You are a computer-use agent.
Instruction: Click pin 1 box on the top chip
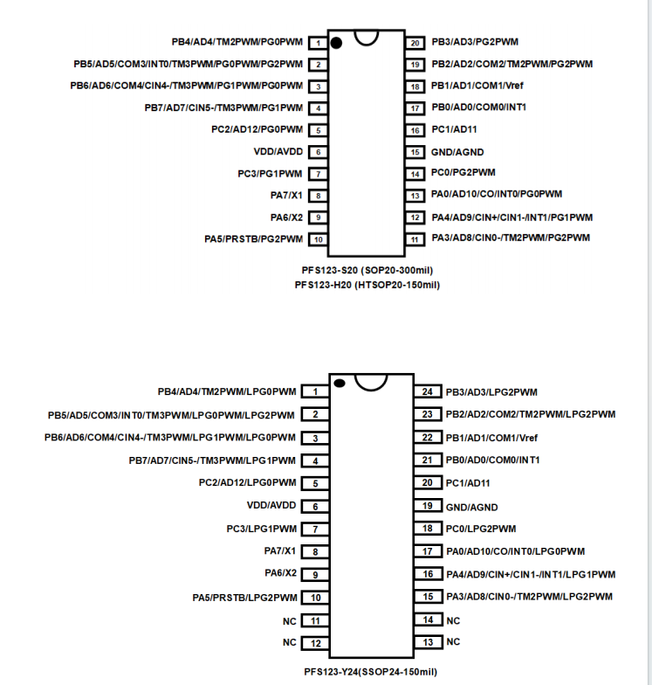coord(319,42)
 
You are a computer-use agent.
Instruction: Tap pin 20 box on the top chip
coord(415,42)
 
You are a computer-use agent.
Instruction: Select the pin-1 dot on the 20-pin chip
coord(336,42)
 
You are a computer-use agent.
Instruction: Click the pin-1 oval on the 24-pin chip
coord(340,383)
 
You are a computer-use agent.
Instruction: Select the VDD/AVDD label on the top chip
coord(278,151)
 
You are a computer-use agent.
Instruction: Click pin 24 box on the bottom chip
coord(428,392)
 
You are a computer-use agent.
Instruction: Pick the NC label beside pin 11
coord(289,620)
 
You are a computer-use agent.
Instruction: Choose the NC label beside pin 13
coord(453,642)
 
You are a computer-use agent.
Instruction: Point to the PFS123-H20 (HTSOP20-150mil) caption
coord(367,285)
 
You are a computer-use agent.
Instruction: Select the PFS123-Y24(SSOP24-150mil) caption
coord(370,672)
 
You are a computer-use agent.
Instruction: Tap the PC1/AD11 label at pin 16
coord(454,129)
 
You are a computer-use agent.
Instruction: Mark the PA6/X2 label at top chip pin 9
coord(286,217)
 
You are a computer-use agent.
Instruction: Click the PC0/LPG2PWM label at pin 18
coord(481,529)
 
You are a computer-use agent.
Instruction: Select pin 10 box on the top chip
coord(319,239)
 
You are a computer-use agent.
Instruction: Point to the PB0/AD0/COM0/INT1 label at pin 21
coord(493,460)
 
